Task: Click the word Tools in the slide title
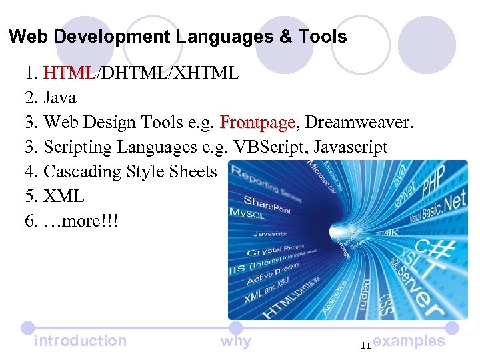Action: [x=323, y=36]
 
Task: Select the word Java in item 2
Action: [x=59, y=97]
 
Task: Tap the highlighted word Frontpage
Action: [x=257, y=123]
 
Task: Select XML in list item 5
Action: [x=63, y=196]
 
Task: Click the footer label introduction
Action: [x=80, y=341]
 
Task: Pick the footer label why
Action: [x=235, y=341]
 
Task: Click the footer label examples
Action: [x=409, y=341]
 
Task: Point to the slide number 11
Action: [x=365, y=345]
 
